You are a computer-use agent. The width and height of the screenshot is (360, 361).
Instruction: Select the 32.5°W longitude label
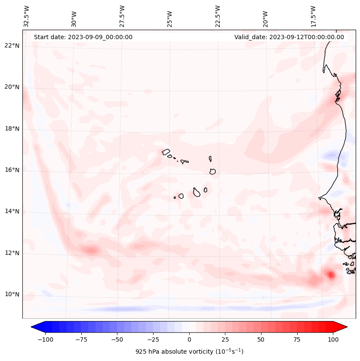click(27, 16)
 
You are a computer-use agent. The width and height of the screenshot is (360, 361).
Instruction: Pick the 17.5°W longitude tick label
click(314, 16)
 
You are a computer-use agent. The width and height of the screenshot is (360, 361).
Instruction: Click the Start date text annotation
click(83, 37)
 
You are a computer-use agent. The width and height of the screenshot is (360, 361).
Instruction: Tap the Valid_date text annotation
click(289, 37)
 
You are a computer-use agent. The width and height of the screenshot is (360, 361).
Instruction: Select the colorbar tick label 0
click(189, 339)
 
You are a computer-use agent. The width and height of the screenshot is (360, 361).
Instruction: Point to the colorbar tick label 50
click(261, 339)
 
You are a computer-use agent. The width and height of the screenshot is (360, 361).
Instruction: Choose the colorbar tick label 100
click(333, 339)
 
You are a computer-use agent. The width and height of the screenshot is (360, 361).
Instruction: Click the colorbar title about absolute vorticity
click(189, 352)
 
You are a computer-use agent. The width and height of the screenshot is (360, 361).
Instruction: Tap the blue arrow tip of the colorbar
click(34, 327)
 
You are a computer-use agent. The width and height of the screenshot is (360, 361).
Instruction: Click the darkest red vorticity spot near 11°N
click(330, 275)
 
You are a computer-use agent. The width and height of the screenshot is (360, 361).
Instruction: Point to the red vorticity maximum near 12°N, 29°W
click(91, 250)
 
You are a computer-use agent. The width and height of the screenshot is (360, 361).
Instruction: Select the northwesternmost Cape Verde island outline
click(166, 152)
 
